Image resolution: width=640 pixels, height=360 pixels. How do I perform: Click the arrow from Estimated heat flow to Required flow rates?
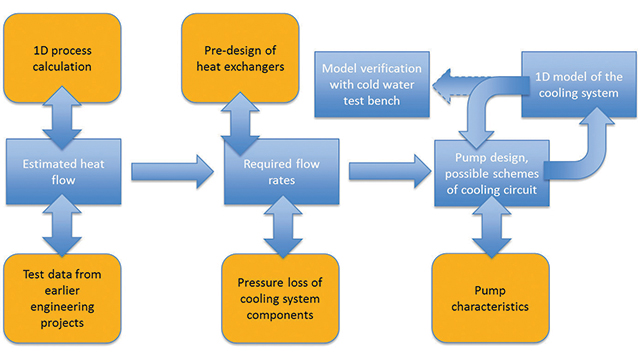[170, 170]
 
